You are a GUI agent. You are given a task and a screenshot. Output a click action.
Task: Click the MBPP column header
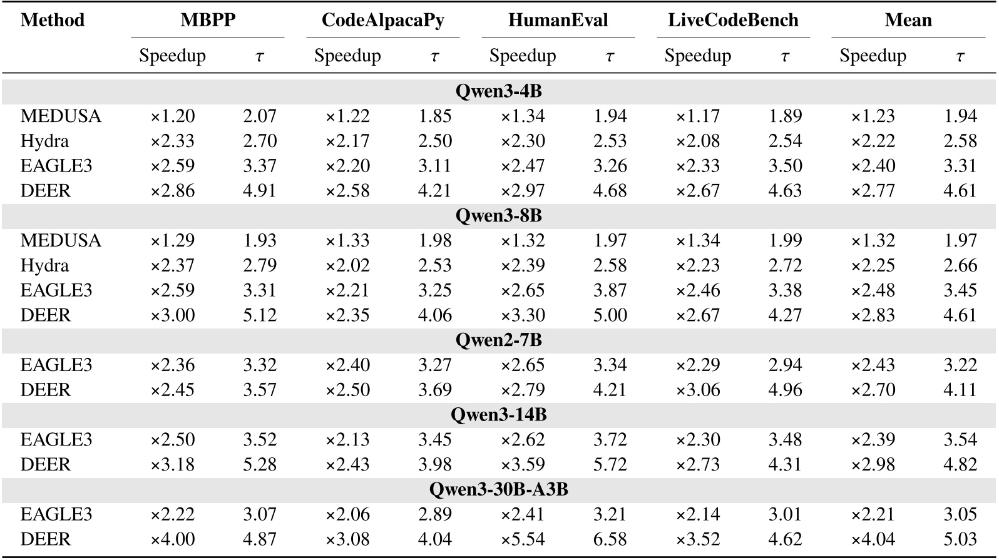[208, 20]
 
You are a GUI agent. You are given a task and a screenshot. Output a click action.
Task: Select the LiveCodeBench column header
[733, 20]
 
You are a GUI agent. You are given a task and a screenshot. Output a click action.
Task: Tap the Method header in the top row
[52, 20]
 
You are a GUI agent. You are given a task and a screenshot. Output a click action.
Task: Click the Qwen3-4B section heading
[498, 91]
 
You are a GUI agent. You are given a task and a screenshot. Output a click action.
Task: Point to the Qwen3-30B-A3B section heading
[498, 489]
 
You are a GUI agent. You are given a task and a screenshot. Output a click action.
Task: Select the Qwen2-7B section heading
[498, 340]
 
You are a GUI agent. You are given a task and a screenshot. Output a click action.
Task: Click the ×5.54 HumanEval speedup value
[523, 539]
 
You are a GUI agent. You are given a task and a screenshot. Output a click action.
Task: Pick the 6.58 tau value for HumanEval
[610, 539]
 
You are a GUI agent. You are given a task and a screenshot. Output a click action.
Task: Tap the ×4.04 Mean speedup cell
[873, 539]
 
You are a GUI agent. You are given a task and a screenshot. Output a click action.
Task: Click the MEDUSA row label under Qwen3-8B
[61, 240]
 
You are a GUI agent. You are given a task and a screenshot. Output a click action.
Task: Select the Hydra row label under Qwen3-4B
[44, 141]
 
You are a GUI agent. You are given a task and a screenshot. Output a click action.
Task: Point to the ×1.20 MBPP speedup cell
[172, 116]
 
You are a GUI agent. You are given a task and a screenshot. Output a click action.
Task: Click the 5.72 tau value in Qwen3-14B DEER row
[610, 464]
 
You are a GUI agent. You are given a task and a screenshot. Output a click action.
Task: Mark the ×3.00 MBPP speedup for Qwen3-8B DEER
[172, 315]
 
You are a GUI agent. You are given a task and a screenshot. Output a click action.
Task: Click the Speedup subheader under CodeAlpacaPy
[347, 56]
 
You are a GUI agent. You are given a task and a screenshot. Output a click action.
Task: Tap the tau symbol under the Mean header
[960, 56]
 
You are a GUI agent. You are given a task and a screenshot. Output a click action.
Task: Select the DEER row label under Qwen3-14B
[45, 464]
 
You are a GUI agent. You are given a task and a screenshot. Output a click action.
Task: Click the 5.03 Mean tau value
[960, 539]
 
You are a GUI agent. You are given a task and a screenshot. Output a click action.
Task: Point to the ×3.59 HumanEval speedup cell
[523, 464]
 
